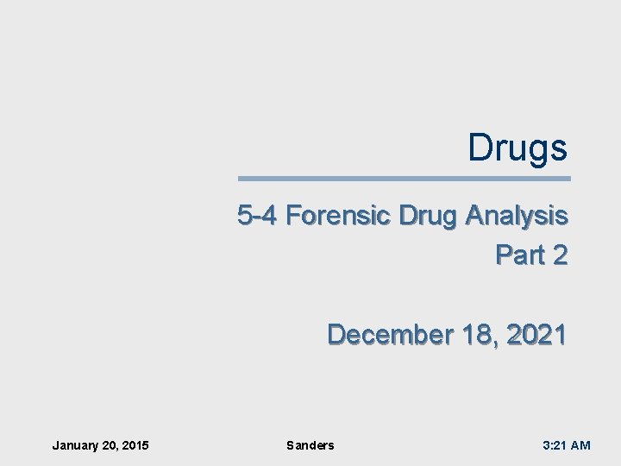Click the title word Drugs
(517, 148)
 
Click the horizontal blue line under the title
(404, 179)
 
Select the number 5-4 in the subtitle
(257, 216)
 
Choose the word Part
(518, 255)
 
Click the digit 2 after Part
(559, 255)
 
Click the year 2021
(536, 333)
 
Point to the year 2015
(135, 445)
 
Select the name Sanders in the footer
(310, 445)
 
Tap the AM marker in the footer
(580, 445)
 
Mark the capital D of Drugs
(480, 148)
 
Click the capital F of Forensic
(292, 216)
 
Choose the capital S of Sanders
(290, 445)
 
